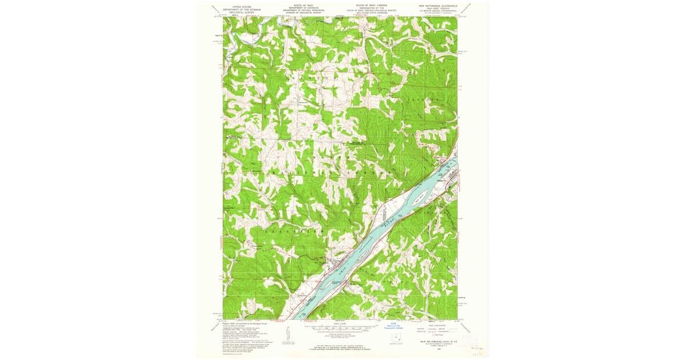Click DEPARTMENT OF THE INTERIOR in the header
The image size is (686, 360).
(x=238, y=9)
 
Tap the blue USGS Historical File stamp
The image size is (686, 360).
(x=394, y=329)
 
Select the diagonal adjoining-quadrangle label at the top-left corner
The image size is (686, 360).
(x=216, y=9)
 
